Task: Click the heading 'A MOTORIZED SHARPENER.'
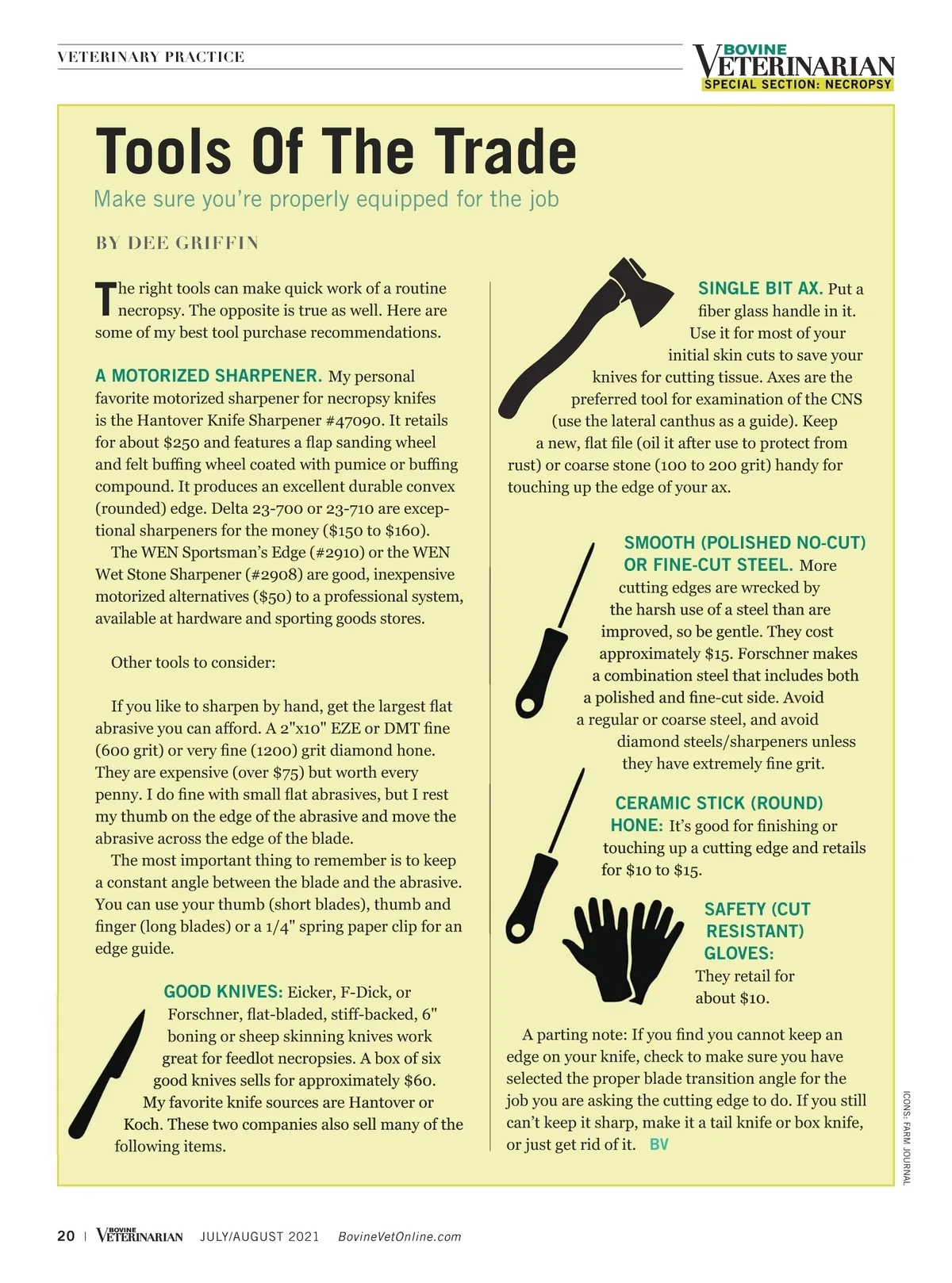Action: pyautogui.click(x=208, y=376)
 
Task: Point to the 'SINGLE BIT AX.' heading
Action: pyautogui.click(x=759, y=289)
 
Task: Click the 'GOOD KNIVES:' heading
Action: pyautogui.click(x=223, y=992)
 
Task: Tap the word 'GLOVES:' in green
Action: pyautogui.click(x=739, y=953)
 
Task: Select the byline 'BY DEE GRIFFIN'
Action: pyautogui.click(x=177, y=243)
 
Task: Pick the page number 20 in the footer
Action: pyautogui.click(x=66, y=1236)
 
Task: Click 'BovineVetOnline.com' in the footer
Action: pyautogui.click(x=399, y=1237)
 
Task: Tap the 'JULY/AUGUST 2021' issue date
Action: pyautogui.click(x=259, y=1237)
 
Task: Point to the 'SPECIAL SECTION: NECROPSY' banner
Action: pyautogui.click(x=797, y=84)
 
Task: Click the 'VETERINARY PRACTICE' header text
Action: pyautogui.click(x=151, y=57)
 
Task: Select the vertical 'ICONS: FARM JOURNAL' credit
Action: pyautogui.click(x=907, y=1137)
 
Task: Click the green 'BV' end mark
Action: pyautogui.click(x=658, y=1144)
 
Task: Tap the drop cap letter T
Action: pyautogui.click(x=105, y=298)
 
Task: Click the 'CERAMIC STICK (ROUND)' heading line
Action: pyautogui.click(x=719, y=803)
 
